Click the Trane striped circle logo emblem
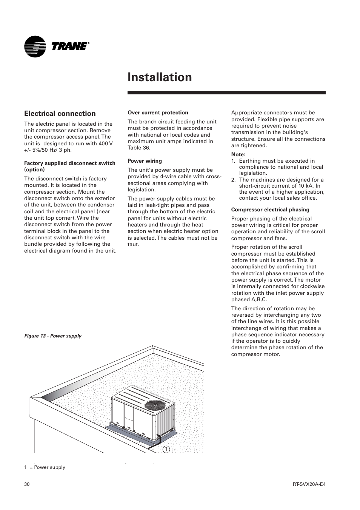35,46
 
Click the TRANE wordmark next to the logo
70,46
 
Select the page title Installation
160,77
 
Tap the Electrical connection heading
60,114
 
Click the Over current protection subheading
158,112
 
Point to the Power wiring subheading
145,161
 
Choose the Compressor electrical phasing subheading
270,210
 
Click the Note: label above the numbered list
238,154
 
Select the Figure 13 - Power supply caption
53,336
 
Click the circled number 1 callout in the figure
166,449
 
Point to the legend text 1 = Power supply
45,467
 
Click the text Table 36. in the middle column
139,148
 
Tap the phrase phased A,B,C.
249,300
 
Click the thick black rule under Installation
226,92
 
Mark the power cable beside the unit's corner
157,442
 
